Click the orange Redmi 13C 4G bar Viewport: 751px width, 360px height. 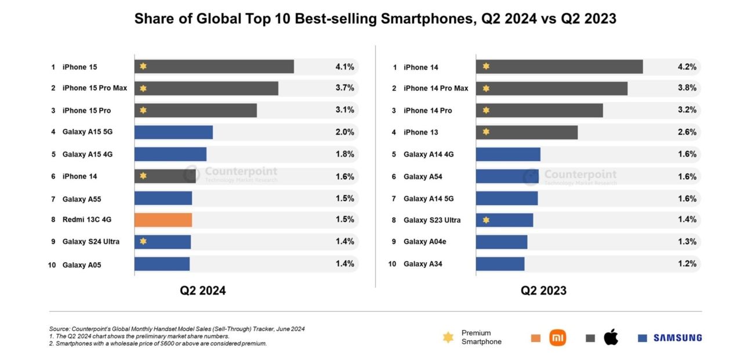[x=163, y=220]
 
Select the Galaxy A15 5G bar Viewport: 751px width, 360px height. [x=173, y=132]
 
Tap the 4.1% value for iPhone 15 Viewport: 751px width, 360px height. [x=344, y=67]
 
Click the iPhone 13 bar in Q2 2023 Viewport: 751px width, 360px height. [x=527, y=132]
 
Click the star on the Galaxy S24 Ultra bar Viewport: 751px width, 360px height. [x=143, y=241]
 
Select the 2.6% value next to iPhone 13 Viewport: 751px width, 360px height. [x=687, y=132]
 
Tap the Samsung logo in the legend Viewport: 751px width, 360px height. [x=677, y=338]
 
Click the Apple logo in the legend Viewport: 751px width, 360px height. [x=611, y=338]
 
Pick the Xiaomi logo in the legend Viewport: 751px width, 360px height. [x=557, y=338]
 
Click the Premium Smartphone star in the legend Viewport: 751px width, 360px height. [x=448, y=337]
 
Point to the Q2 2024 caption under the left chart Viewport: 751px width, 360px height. [x=202, y=291]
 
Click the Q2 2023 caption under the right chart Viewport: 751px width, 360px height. [x=543, y=291]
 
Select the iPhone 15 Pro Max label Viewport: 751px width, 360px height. [x=95, y=88]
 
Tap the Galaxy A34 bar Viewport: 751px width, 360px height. [x=500, y=264]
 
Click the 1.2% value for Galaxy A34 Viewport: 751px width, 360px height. [x=687, y=264]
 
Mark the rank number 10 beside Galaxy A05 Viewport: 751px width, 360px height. [x=52, y=265]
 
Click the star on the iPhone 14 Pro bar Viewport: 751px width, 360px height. [x=486, y=110]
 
